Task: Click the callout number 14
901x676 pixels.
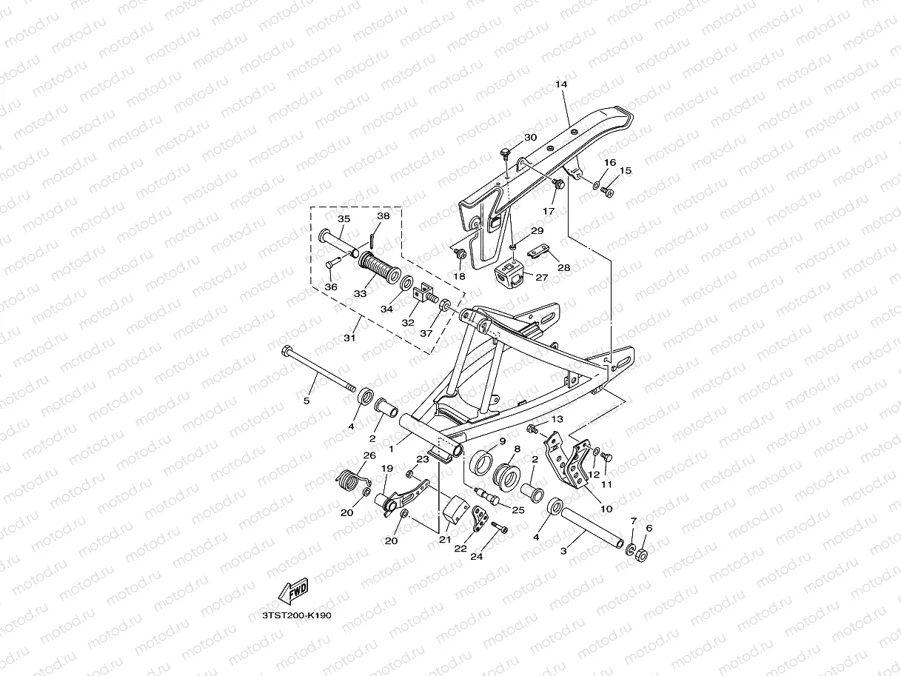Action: click(560, 85)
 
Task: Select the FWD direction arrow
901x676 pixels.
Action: click(292, 591)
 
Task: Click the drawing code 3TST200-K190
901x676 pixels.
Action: click(297, 615)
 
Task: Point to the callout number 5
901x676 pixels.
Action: click(307, 401)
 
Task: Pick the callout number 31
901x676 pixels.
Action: click(349, 338)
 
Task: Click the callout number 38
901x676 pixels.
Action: click(383, 216)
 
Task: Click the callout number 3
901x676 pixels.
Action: click(563, 551)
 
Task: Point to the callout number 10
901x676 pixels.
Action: click(606, 509)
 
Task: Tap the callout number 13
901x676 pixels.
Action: click(557, 420)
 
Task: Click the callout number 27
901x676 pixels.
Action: click(541, 278)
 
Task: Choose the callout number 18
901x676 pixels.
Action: click(459, 276)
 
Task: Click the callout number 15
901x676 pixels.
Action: click(626, 171)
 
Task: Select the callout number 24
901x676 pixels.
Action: click(477, 556)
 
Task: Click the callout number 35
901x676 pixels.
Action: click(344, 219)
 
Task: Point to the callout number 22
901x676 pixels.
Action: click(460, 549)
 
